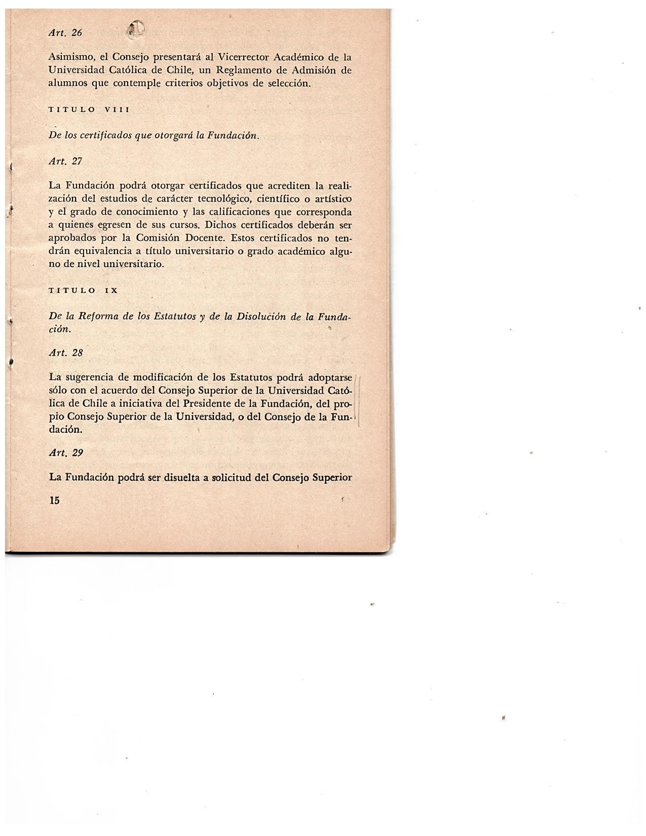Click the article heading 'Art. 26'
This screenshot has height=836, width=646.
click(65, 33)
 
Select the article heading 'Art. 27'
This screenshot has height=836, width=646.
click(65, 161)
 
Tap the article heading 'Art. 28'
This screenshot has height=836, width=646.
click(65, 353)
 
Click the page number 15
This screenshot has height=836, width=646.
click(54, 501)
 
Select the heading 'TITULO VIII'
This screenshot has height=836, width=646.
click(89, 109)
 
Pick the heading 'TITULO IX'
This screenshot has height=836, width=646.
click(83, 290)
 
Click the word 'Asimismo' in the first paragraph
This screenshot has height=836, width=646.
click(69, 57)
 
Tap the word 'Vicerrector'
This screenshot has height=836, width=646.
click(239, 57)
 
